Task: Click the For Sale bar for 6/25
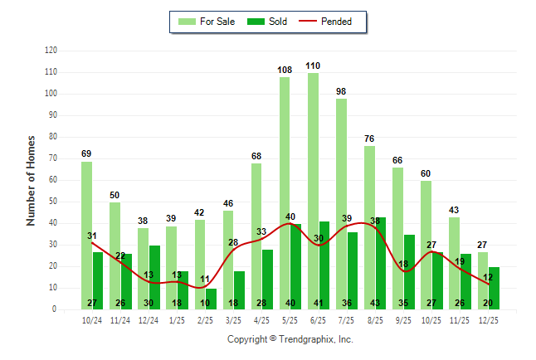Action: [x=313, y=191]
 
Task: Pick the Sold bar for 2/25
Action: [x=211, y=299]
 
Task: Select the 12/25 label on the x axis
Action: [x=487, y=319]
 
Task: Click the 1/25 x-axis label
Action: [x=177, y=319]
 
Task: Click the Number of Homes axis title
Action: [x=32, y=180]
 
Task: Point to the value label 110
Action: [x=313, y=66]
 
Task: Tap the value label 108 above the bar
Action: [x=285, y=70]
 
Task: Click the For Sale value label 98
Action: [x=341, y=91]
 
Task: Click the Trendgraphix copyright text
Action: [x=290, y=339]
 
